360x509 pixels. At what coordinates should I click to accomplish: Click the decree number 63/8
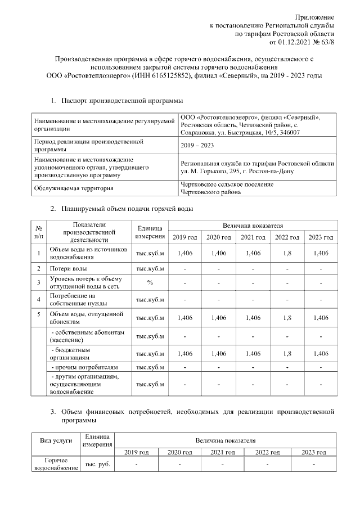326,42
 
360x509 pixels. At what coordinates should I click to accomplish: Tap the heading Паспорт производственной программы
122,101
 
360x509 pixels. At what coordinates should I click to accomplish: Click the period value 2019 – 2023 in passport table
197,146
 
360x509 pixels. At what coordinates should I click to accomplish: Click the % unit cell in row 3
150,282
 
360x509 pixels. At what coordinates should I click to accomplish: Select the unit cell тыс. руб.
97,464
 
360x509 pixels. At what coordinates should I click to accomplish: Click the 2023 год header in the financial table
314,452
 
